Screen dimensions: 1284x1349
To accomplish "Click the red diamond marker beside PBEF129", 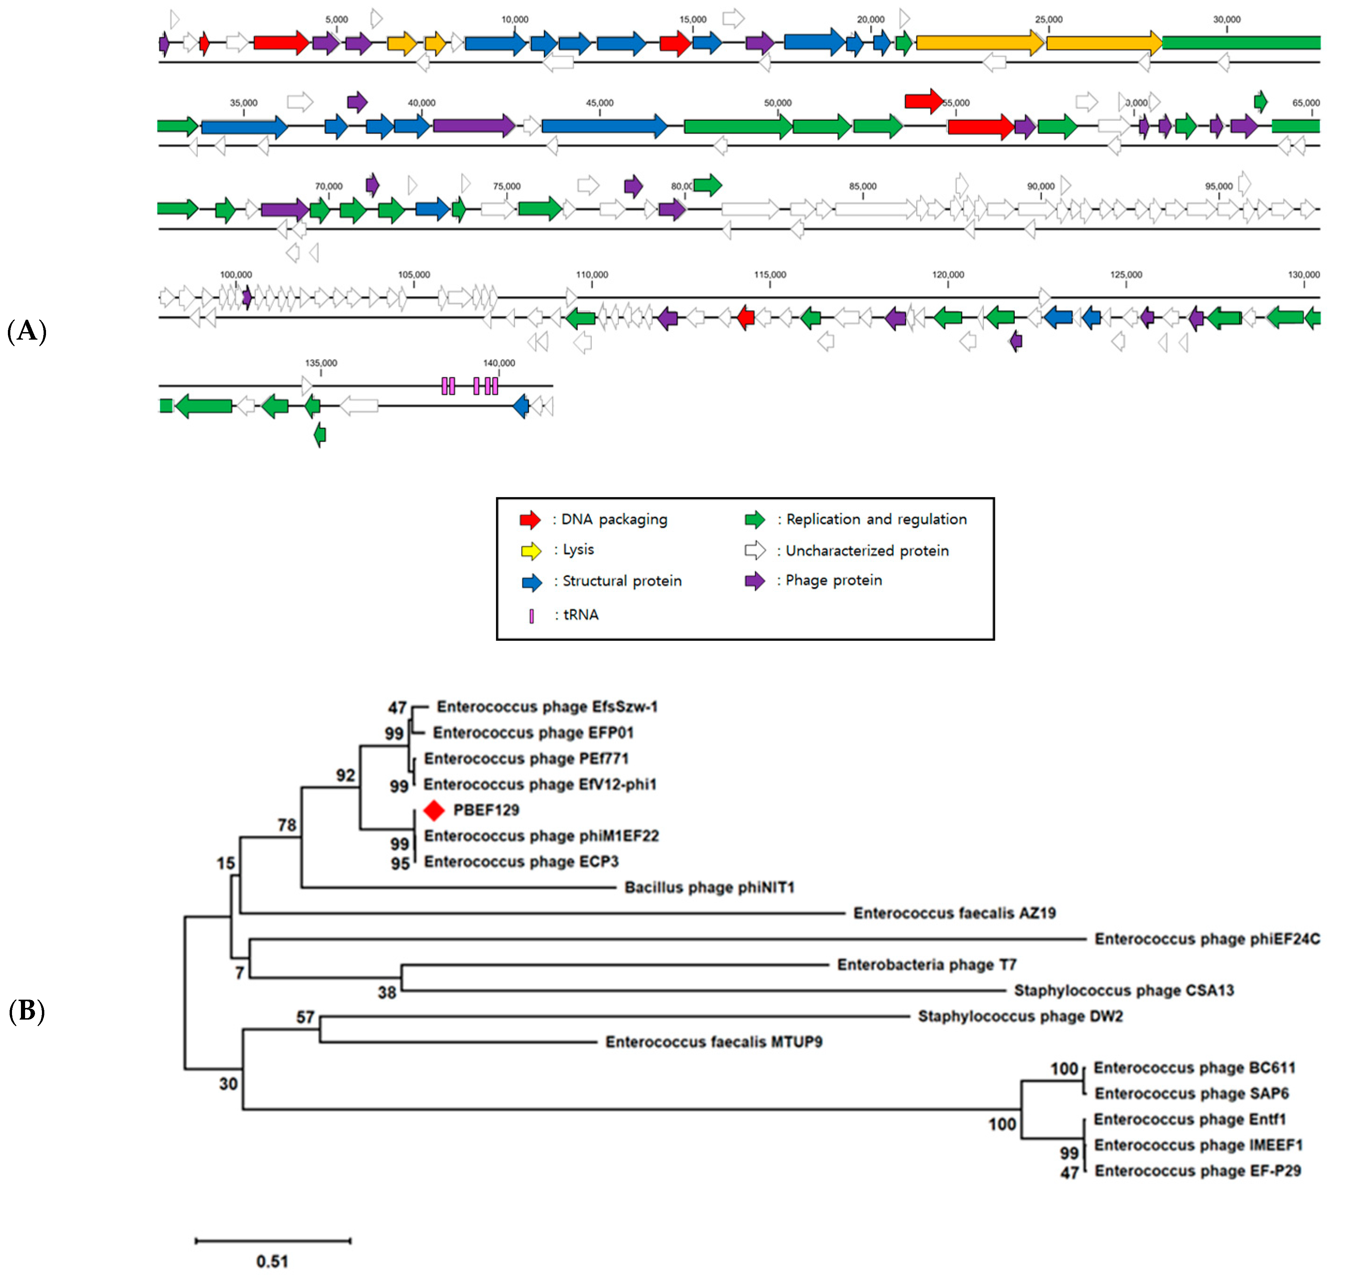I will pyautogui.click(x=434, y=810).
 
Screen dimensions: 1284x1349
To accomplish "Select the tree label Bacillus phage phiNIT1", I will pyautogui.click(x=709, y=888).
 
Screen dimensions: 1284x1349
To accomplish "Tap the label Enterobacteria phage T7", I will pyautogui.click(x=927, y=965).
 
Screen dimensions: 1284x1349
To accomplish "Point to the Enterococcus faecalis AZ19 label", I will pyautogui.click(x=954, y=913).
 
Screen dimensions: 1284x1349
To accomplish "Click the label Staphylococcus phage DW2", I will pyautogui.click(x=1020, y=1016).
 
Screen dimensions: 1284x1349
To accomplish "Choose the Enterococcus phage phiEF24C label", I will pyautogui.click(x=1206, y=939).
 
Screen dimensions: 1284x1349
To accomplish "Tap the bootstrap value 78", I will pyautogui.click(x=287, y=826).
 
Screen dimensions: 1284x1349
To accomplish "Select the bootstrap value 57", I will pyautogui.click(x=305, y=1018).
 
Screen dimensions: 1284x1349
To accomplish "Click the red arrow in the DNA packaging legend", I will pyautogui.click(x=530, y=520).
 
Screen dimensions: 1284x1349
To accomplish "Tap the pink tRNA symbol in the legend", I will pyautogui.click(x=531, y=616).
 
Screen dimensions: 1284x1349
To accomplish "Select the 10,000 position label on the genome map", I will pyautogui.click(x=515, y=19).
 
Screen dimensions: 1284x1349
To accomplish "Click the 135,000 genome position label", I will pyautogui.click(x=321, y=363).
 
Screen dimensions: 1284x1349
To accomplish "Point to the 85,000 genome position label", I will pyautogui.click(x=862, y=186).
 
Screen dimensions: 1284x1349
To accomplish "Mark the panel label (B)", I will pyautogui.click(x=27, y=1011).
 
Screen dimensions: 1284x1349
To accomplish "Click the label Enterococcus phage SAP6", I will pyautogui.click(x=1191, y=1094).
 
